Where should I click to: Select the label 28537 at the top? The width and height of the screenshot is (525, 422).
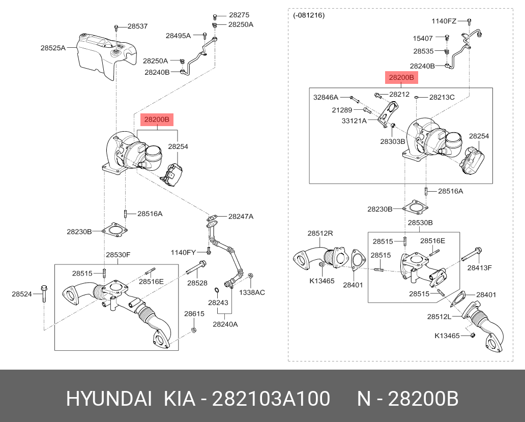(137, 26)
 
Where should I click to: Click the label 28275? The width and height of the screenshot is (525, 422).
(239, 15)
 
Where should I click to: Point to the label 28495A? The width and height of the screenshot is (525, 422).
(178, 36)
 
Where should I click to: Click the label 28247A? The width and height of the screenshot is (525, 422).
(241, 217)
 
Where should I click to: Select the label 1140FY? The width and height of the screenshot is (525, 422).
(183, 253)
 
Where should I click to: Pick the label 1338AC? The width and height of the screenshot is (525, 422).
(252, 292)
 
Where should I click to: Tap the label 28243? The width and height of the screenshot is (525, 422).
(218, 303)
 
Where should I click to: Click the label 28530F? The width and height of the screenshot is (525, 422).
(119, 255)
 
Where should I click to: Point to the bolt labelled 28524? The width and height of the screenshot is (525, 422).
(43, 293)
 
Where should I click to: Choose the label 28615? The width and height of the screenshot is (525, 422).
(194, 314)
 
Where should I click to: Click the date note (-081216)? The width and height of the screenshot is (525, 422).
(309, 15)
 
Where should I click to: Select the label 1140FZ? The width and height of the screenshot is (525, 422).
(444, 21)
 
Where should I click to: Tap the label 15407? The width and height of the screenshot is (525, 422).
(423, 38)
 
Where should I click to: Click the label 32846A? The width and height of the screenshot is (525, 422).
(326, 97)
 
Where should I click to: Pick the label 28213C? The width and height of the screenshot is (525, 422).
(442, 97)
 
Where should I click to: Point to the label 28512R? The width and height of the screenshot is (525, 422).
(320, 233)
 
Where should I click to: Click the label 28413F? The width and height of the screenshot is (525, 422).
(480, 267)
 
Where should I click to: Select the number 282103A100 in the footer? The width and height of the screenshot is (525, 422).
(271, 399)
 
